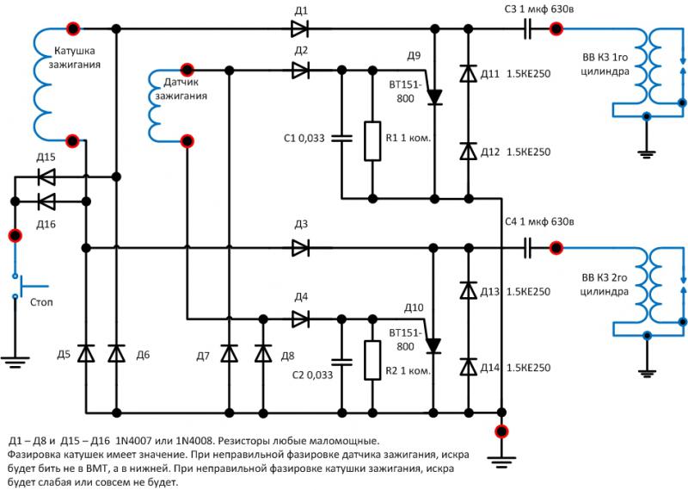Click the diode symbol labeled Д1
click(300, 29)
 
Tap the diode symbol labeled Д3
click(300, 248)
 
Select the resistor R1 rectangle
click(372, 141)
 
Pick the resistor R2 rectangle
click(372, 360)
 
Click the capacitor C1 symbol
click(341, 137)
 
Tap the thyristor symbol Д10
click(433, 344)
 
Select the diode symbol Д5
click(85, 354)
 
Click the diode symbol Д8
click(260, 354)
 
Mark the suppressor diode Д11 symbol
click(468, 74)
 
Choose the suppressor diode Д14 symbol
click(468, 368)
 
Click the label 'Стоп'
click(41, 302)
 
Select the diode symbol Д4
click(300, 319)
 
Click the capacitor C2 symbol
click(341, 360)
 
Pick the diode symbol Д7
click(229, 354)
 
